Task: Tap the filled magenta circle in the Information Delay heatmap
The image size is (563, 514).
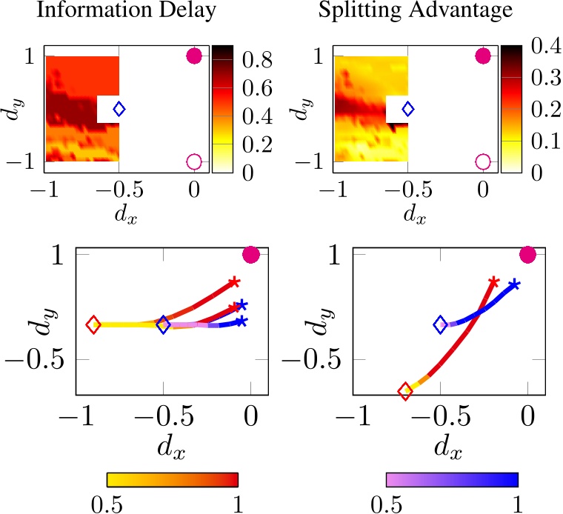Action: pyautogui.click(x=194, y=56)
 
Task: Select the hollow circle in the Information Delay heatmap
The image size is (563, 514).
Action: pyautogui.click(x=194, y=161)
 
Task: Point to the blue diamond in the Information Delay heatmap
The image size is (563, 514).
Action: pyautogui.click(x=119, y=109)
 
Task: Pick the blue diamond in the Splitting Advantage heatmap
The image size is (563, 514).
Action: pyautogui.click(x=407, y=109)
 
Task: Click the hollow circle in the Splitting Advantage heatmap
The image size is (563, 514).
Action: pyautogui.click(x=483, y=161)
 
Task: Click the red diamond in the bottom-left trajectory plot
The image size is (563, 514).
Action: pyautogui.click(x=93, y=324)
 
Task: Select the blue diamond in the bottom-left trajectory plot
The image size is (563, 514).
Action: pyautogui.click(x=164, y=324)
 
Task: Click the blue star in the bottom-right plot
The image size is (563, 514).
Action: pyautogui.click(x=514, y=285)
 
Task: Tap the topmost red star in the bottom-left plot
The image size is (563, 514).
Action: pyautogui.click(x=234, y=281)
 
